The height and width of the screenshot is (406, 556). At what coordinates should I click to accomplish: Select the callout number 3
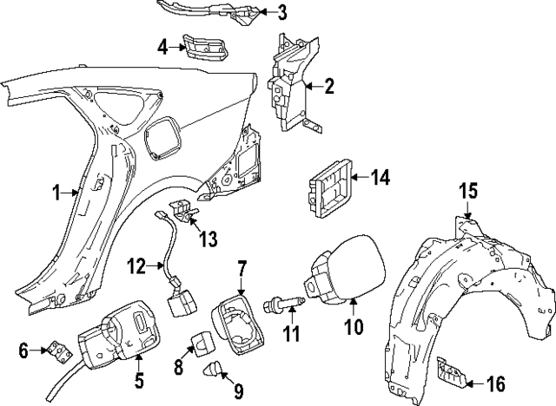click(281, 11)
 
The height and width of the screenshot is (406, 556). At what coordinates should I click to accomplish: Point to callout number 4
click(162, 45)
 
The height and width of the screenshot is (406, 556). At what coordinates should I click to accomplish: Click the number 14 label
click(380, 178)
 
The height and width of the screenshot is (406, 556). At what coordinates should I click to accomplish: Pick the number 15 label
click(468, 190)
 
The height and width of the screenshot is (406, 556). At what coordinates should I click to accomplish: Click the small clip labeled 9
click(211, 374)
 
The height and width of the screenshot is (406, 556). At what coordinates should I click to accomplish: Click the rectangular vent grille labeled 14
click(330, 188)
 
